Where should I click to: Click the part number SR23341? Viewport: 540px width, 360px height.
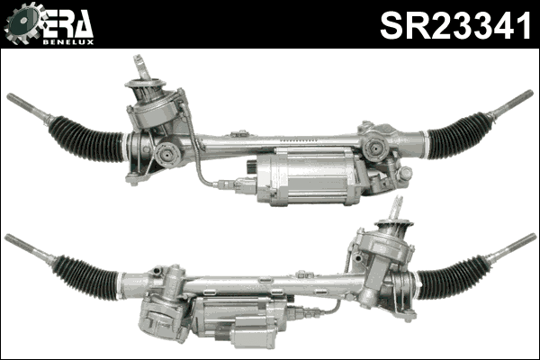coord(457,25)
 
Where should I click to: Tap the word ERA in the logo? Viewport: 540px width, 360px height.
coord(68,21)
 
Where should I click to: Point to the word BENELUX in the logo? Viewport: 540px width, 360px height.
coord(70,40)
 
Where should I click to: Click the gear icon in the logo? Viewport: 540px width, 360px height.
coord(22,23)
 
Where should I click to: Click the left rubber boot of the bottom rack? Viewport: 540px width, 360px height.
coord(86,277)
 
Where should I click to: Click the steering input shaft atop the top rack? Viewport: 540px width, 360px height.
coord(142,68)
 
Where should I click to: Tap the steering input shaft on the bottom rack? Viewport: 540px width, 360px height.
coord(395,211)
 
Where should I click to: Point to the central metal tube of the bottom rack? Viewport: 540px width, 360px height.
coord(270,283)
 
